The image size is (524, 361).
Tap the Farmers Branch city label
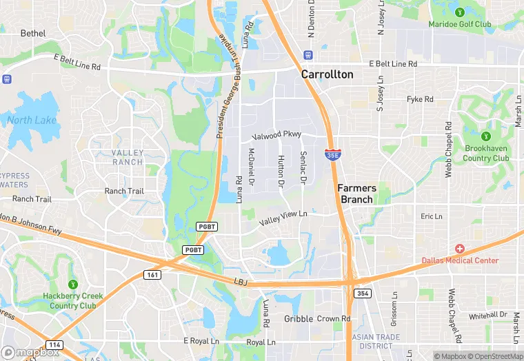356,194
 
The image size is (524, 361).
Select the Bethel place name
33,33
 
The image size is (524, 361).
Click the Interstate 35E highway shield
332,154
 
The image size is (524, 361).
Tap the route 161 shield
153,275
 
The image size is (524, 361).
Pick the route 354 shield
363,293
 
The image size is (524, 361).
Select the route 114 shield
54,344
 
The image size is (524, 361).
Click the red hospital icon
460,248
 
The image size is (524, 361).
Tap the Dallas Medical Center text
460,260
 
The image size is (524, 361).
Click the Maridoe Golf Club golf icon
460,12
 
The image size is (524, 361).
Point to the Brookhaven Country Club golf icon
486,136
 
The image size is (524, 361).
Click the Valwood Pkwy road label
276,135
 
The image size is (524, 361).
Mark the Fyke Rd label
420,99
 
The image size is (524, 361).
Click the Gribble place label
298,319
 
